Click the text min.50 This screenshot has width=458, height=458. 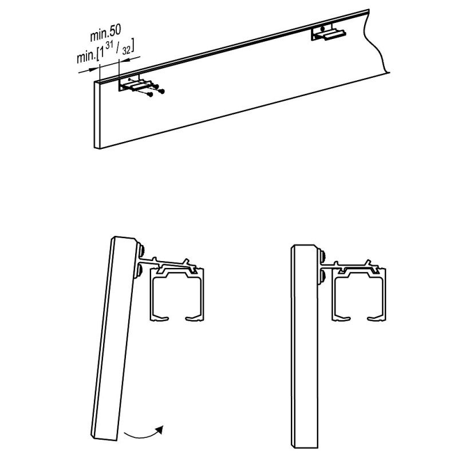105,35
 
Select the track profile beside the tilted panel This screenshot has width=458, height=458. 177,296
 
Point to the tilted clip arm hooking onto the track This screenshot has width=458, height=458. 172,264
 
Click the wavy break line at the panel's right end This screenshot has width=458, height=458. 378,46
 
